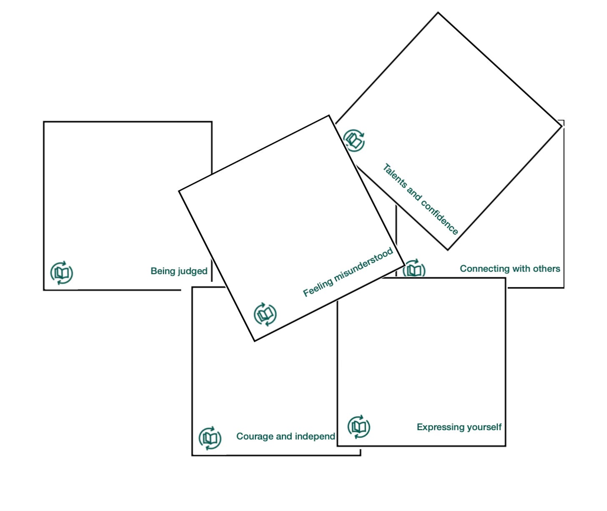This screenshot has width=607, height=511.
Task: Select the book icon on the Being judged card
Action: [x=62, y=273]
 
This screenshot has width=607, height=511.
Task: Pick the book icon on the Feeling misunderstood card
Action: [x=265, y=314]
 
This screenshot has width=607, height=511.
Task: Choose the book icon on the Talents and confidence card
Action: [x=354, y=140]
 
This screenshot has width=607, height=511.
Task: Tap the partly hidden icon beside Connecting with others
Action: [x=414, y=269]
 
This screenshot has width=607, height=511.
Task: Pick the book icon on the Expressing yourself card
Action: [x=359, y=427]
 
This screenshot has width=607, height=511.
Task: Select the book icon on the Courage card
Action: [x=210, y=438]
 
